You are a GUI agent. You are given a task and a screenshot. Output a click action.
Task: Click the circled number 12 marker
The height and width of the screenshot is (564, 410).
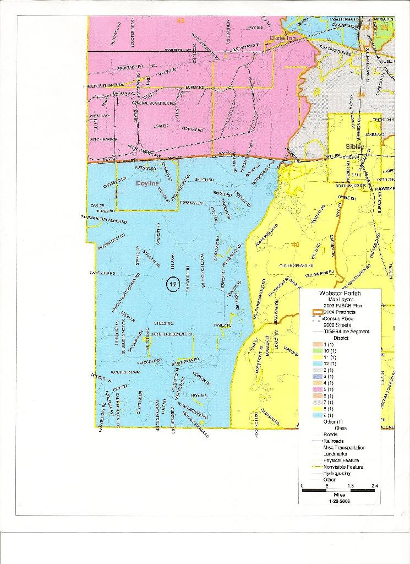click(173, 284)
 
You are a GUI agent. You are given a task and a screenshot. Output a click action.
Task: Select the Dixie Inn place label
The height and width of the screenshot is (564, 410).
click(283, 38)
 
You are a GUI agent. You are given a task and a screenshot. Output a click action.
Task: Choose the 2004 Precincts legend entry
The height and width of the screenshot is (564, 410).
click(339, 312)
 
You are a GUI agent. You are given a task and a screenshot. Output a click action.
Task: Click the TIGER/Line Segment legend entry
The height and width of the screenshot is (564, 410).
click(347, 332)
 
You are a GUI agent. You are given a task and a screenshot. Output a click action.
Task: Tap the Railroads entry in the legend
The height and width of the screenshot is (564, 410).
click(335, 441)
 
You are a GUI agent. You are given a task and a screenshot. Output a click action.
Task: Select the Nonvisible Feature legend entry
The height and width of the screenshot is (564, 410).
click(343, 467)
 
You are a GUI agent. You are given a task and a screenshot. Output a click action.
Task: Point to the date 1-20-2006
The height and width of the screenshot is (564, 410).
click(339, 502)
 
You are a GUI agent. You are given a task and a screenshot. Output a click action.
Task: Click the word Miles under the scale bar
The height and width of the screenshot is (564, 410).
click(339, 495)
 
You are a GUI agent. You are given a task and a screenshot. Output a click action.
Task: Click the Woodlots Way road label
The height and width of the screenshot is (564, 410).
click(126, 372)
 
